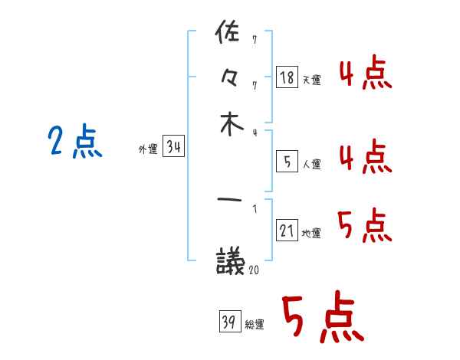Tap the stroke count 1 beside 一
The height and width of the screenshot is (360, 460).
254,208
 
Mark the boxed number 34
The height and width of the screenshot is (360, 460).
174,148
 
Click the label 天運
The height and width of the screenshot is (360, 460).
311,80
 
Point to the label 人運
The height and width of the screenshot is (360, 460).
311,164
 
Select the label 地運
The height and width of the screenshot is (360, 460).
311,234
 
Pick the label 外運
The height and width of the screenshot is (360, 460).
147,150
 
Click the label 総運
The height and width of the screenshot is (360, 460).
254,325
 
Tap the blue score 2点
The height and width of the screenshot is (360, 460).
74,142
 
